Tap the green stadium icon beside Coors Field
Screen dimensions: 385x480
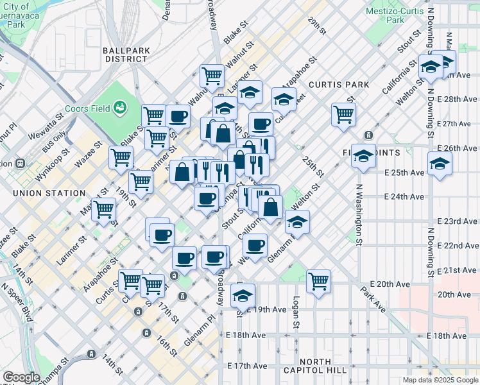click(119, 107)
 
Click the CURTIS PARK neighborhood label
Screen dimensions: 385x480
click(339, 85)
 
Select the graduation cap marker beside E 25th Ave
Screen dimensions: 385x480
click(440, 164)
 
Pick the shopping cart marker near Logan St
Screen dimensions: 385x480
click(318, 280)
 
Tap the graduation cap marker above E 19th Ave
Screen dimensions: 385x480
click(243, 295)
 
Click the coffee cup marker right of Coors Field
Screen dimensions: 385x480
click(178, 116)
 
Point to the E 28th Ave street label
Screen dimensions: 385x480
click(456, 99)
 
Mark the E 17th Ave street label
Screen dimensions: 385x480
click(246, 366)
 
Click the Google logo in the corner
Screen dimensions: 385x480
click(21, 377)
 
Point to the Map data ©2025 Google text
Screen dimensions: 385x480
click(440, 380)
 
